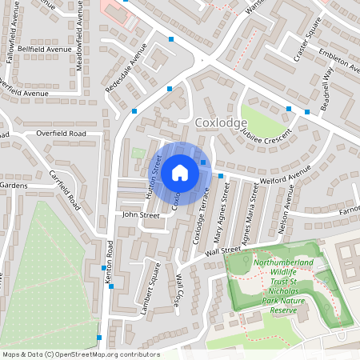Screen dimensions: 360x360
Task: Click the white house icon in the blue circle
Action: [x=180, y=172]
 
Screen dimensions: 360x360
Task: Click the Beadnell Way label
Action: [x=329, y=80]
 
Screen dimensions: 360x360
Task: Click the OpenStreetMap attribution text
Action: [x=80, y=354]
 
